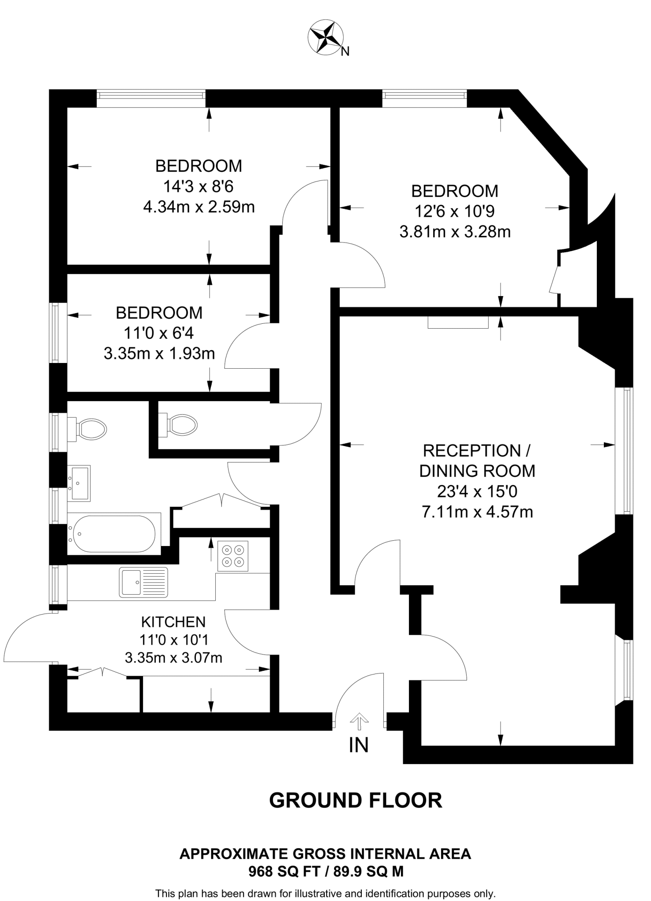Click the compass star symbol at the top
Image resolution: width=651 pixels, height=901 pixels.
pyautogui.click(x=326, y=37)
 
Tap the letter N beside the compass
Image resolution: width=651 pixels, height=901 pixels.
pyautogui.click(x=346, y=52)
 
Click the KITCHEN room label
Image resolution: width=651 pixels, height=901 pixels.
pyautogui.click(x=173, y=622)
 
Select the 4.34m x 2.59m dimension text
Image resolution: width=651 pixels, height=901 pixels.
pyautogui.click(x=199, y=207)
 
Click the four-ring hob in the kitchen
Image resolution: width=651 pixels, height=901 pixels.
pyautogui.click(x=233, y=556)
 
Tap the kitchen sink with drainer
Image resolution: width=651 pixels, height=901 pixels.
pyautogui.click(x=143, y=582)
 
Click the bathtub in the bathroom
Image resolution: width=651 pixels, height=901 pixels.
pyautogui.click(x=114, y=534)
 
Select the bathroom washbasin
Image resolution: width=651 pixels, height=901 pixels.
pyautogui.click(x=79, y=483)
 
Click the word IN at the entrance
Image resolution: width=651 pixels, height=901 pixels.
pyautogui.click(x=358, y=745)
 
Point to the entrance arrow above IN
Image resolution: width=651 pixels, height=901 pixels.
pyautogui.click(x=360, y=720)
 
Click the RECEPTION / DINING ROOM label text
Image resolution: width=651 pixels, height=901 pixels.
pyautogui.click(x=477, y=461)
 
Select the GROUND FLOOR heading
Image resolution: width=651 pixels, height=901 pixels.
pyautogui.click(x=355, y=800)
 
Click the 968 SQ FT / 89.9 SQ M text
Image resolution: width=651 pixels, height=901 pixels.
pyautogui.click(x=326, y=872)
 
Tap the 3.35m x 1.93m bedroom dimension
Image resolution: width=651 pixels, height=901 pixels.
pyautogui.click(x=159, y=353)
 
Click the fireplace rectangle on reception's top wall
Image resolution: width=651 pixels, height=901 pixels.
pyautogui.click(x=458, y=322)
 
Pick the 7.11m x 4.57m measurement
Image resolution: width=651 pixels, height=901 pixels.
pyautogui.click(x=477, y=512)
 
